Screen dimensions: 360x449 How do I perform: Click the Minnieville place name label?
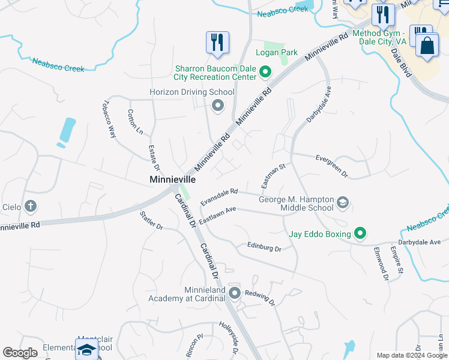click(x=172, y=179)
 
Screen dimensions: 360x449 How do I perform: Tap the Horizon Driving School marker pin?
click(x=217, y=106)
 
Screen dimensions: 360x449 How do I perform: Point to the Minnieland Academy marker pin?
click(x=234, y=293)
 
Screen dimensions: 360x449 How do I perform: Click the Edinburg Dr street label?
click(x=264, y=247)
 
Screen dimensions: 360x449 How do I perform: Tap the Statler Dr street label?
click(x=151, y=220)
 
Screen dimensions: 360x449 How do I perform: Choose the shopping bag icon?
click(x=427, y=46)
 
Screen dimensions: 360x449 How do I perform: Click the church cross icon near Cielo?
click(x=30, y=207)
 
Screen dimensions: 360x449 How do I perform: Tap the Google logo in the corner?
click(x=20, y=353)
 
